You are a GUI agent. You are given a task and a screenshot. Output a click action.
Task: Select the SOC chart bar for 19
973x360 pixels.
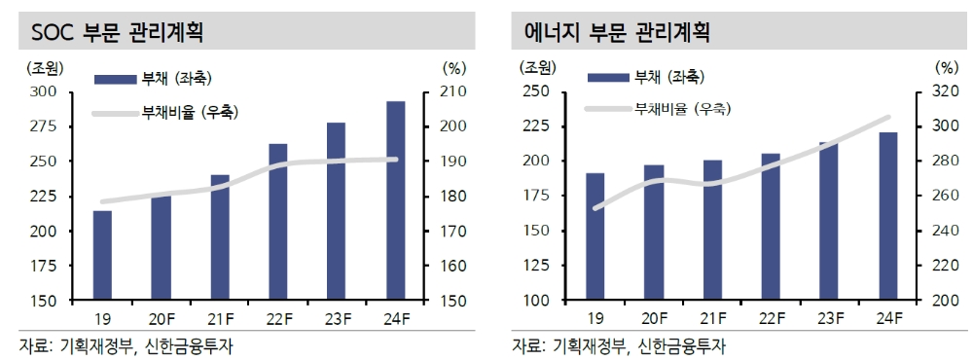click(x=102, y=255)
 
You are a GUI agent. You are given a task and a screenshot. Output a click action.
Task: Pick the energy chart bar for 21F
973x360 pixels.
click(x=712, y=230)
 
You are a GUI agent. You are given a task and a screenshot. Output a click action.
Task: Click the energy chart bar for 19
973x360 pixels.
click(x=595, y=236)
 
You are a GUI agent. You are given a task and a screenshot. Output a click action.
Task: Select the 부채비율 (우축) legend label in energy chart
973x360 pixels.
click(x=681, y=108)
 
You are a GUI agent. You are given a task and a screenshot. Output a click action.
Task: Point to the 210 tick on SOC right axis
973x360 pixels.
click(x=454, y=91)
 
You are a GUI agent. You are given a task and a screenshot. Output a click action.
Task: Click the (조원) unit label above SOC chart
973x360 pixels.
click(x=42, y=68)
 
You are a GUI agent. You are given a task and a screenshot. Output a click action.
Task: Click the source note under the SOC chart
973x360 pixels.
click(x=126, y=345)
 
